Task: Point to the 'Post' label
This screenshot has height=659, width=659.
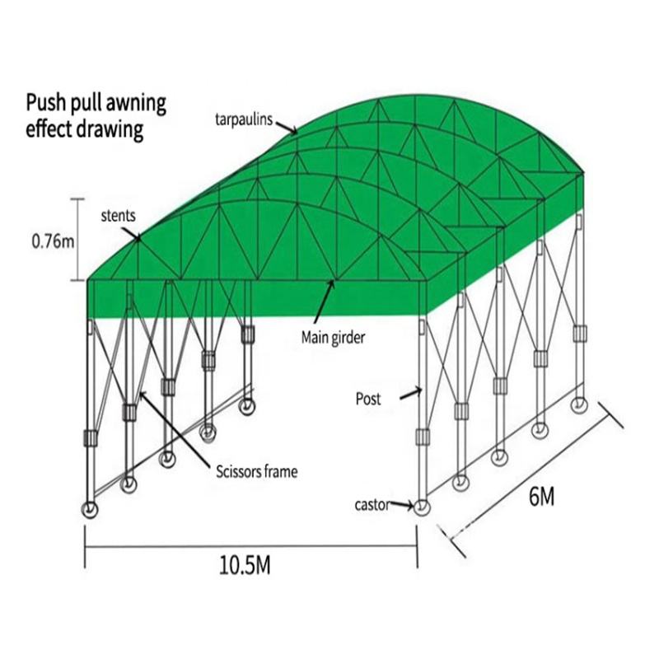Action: [x=368, y=399]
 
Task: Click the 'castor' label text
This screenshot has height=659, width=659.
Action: [x=371, y=504]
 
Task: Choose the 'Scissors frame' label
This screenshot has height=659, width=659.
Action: [x=256, y=472]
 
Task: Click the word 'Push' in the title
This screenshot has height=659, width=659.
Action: [x=45, y=105]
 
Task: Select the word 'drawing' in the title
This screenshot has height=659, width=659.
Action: [x=113, y=130]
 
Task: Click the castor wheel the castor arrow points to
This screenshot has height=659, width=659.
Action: [x=422, y=506]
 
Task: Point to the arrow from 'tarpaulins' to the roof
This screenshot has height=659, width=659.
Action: [x=287, y=126]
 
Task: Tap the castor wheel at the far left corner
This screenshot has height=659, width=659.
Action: [x=88, y=510]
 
